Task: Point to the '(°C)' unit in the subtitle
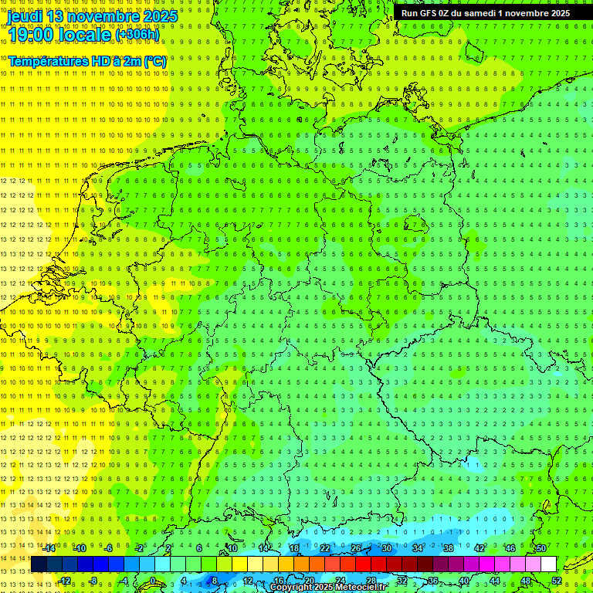pyautogui.click(x=154, y=61)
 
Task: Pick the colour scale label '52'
pyautogui.click(x=557, y=581)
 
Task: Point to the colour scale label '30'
pyautogui.click(x=386, y=548)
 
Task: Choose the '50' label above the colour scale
pyautogui.click(x=541, y=548)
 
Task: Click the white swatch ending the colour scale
pyautogui.click(x=548, y=564)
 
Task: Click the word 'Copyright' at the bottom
pyautogui.click(x=293, y=588)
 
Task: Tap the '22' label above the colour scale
pyautogui.click(x=325, y=548)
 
